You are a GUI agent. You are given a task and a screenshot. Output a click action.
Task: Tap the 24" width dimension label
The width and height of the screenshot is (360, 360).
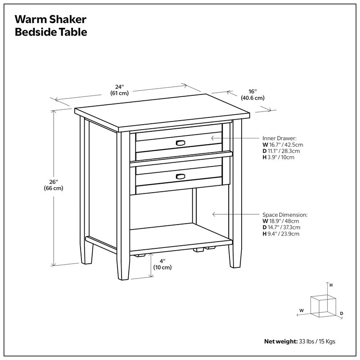[120, 90]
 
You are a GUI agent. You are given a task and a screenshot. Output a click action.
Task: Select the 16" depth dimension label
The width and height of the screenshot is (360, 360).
[252, 94]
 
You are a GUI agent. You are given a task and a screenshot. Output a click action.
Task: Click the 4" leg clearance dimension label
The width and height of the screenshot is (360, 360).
[162, 264]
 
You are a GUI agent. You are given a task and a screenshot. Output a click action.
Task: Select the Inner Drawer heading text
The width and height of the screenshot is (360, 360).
[279, 138]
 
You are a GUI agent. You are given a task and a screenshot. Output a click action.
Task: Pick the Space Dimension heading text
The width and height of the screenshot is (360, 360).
[285, 215]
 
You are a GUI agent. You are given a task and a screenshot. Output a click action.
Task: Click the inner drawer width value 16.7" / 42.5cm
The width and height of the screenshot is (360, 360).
[285, 145]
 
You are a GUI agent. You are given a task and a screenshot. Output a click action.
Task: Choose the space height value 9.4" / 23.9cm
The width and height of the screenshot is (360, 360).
[283, 234]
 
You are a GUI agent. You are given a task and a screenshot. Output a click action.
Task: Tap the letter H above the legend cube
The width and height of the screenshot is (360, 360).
[331, 285]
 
